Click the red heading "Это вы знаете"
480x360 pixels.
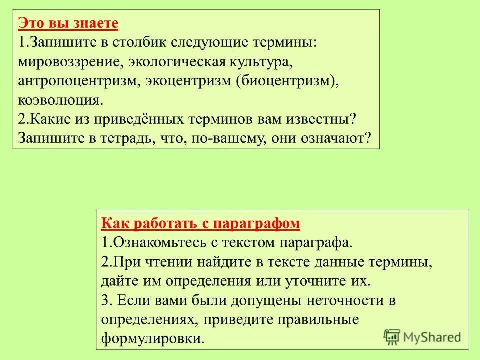click(68, 23)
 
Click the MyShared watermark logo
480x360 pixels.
click(422, 337)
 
